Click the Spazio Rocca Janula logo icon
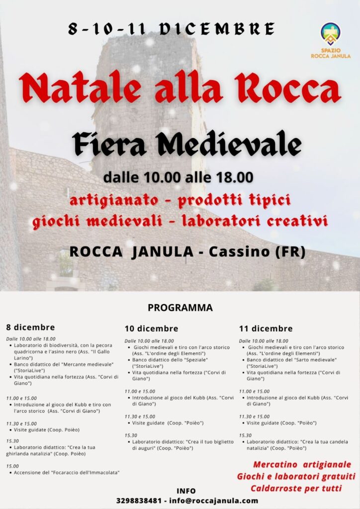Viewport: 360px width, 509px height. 331,34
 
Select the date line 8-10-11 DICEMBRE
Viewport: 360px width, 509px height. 172,28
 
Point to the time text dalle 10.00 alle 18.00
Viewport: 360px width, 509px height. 179,177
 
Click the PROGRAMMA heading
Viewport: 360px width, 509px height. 180,308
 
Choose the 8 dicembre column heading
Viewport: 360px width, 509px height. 30,328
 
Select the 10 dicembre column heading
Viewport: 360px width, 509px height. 151,329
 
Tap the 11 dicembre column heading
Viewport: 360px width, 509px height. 266,329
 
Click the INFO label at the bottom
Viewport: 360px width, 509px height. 186,491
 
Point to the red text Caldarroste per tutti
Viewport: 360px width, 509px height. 296,488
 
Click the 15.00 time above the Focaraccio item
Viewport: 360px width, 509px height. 12,466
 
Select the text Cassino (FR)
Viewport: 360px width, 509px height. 257,252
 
